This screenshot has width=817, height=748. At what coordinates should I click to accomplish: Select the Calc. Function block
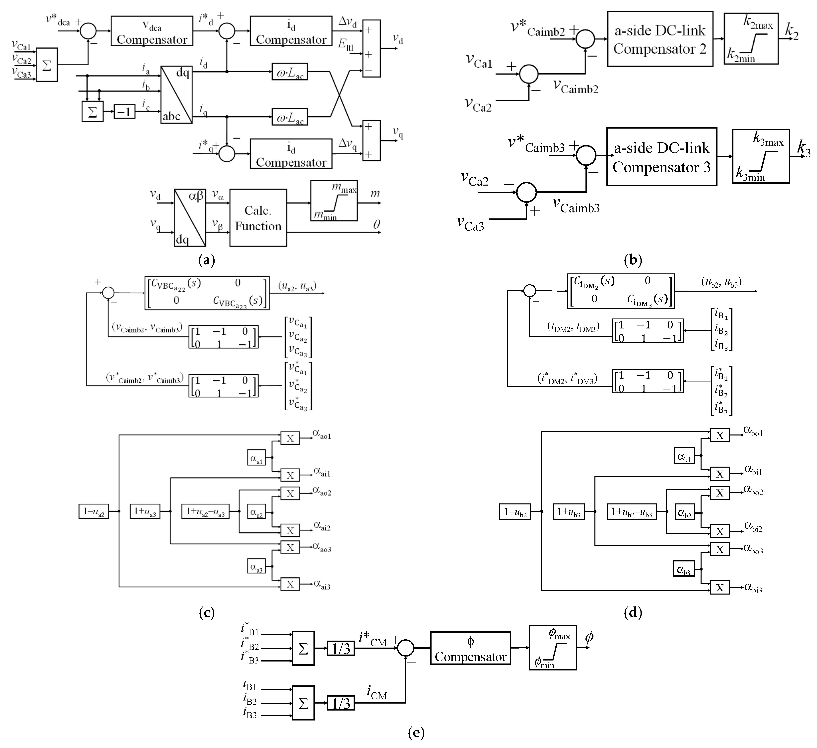pyautogui.click(x=258, y=218)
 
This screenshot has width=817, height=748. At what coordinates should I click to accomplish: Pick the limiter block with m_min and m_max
pyautogui.click(x=334, y=201)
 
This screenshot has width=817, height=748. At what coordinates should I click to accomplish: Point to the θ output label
pyautogui.click(x=376, y=225)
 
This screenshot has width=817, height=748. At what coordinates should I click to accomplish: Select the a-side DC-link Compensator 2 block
pyautogui.click(x=660, y=39)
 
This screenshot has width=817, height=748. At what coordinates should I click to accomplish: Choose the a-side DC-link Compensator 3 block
pyautogui.click(x=661, y=157)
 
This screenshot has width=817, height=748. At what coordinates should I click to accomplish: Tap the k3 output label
pyautogui.click(x=804, y=148)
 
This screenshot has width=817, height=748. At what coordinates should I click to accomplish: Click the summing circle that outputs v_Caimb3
pyautogui.click(x=526, y=192)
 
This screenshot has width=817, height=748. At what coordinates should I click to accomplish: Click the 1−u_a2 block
pyautogui.click(x=94, y=511)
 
